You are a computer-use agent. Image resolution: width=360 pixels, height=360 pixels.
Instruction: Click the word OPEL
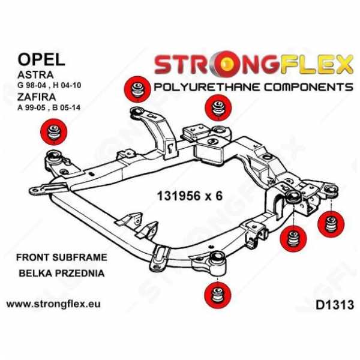41,60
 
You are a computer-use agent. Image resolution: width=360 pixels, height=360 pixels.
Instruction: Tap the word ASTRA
35,75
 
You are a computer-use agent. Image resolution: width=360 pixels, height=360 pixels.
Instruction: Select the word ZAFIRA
37,97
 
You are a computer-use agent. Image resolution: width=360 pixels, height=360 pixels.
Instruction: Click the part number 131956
178,196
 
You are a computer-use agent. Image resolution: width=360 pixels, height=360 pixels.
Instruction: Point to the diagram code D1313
335,305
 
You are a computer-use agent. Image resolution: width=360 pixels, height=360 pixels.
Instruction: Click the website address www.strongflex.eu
53,304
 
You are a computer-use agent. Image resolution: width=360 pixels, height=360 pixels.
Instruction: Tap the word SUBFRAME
80,257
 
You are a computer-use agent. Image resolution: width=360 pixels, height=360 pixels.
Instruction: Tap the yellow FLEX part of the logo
316,64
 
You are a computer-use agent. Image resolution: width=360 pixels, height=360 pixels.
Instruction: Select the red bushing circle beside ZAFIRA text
53,132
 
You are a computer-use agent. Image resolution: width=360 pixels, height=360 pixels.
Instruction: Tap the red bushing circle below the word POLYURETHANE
218,107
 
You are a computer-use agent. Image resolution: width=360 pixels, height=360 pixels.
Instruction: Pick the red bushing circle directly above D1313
331,224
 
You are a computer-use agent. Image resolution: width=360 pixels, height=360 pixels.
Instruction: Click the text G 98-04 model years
33,86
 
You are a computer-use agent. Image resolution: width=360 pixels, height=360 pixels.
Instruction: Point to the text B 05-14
67,107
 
